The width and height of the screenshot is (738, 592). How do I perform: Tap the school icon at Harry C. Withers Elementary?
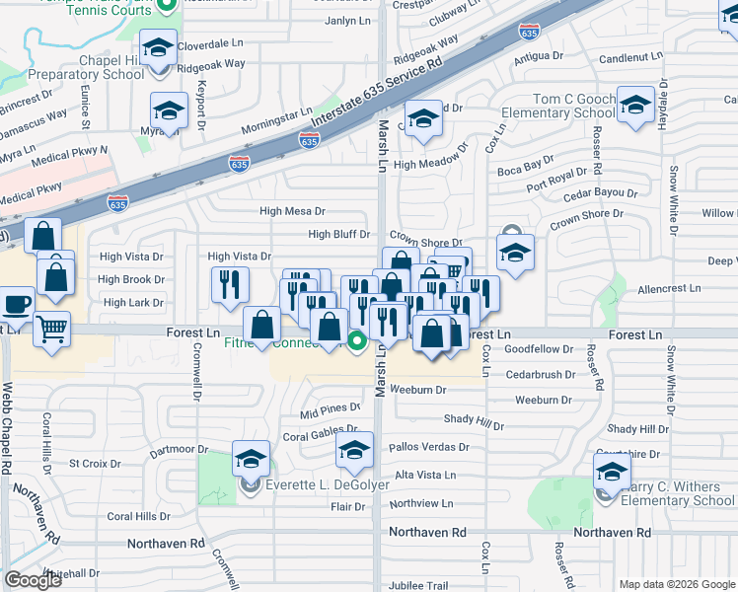(x=612, y=472)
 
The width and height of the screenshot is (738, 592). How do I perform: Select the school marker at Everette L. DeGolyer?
(x=252, y=459)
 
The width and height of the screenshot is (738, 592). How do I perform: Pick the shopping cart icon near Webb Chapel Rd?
(x=51, y=330)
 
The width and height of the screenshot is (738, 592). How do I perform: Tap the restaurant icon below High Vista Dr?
(x=230, y=285)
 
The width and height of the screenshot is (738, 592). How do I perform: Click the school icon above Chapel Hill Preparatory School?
(x=158, y=47)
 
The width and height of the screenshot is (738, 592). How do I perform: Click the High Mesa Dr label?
(x=292, y=211)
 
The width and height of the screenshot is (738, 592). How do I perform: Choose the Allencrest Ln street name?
(x=668, y=289)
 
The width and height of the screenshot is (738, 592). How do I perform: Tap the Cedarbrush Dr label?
(x=540, y=375)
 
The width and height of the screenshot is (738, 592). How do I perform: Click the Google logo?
(x=33, y=580)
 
